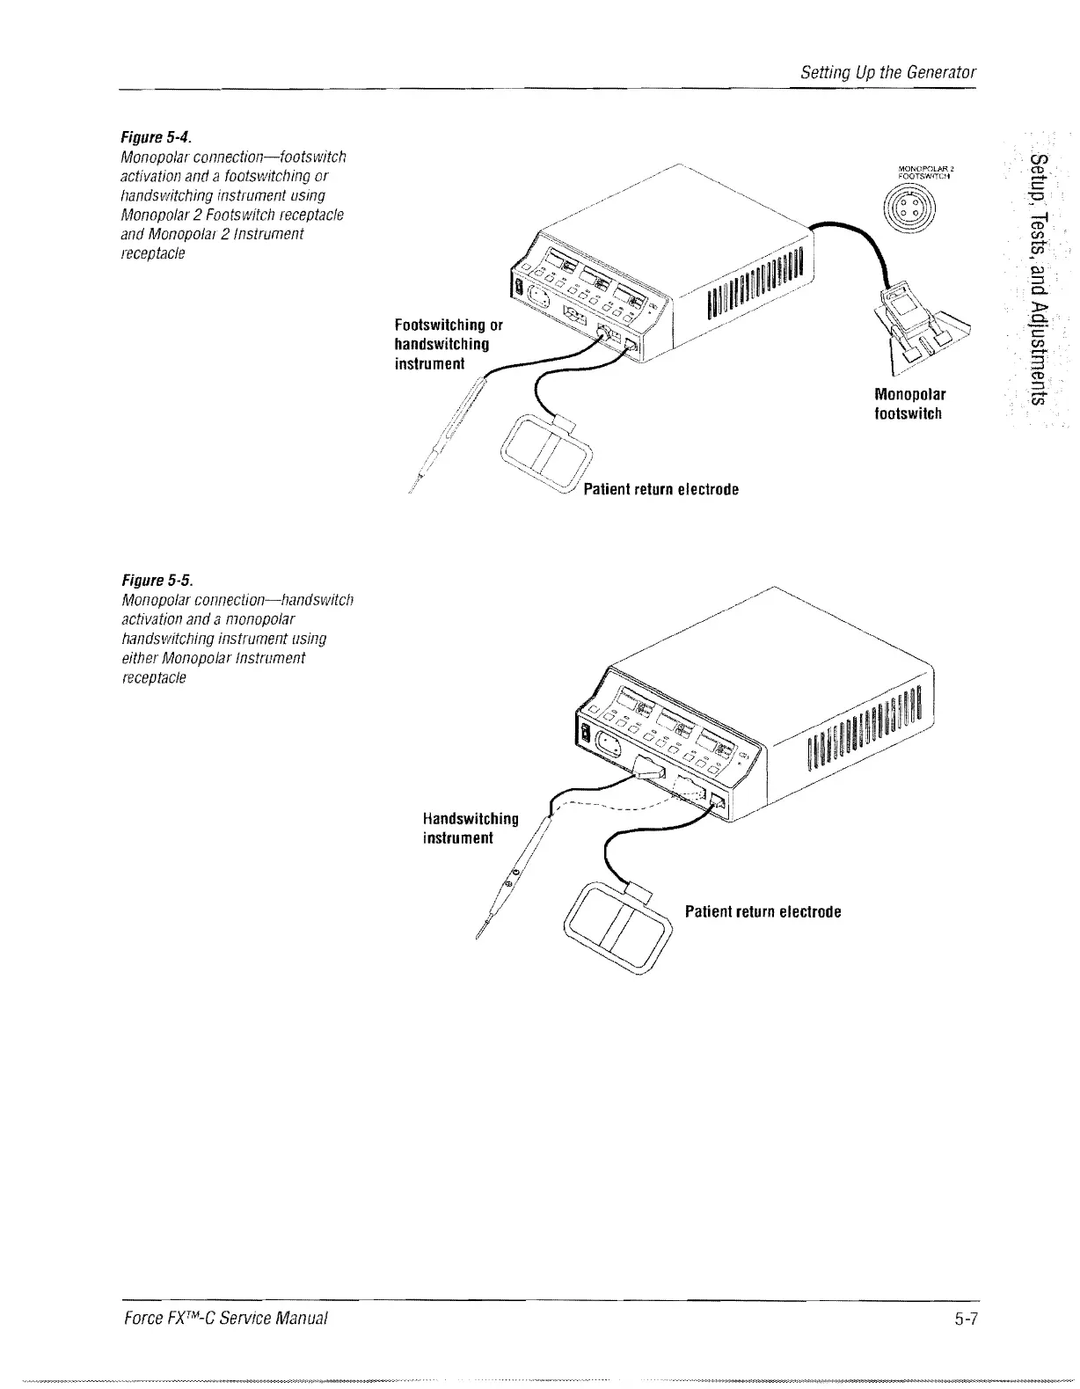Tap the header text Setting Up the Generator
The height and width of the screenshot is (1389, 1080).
pyautogui.click(x=888, y=72)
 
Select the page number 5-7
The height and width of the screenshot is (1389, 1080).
pyautogui.click(x=966, y=1318)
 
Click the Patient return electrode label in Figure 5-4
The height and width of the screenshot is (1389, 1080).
pyautogui.click(x=660, y=489)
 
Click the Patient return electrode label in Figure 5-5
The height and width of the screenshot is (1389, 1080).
pyautogui.click(x=763, y=911)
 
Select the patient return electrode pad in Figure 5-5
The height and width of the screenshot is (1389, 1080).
pyautogui.click(x=621, y=925)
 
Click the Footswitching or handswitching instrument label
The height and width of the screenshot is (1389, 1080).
pyautogui.click(x=449, y=344)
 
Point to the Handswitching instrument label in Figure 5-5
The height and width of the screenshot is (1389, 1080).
pyautogui.click(x=471, y=828)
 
